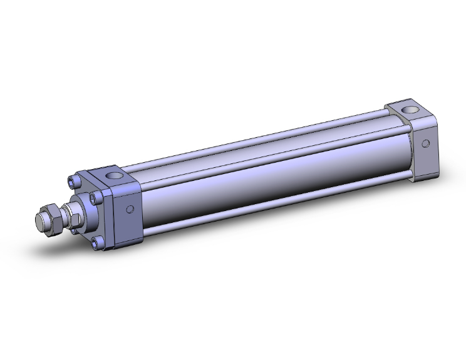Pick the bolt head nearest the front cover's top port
coord(95,198)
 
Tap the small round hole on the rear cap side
coord(425,143)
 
